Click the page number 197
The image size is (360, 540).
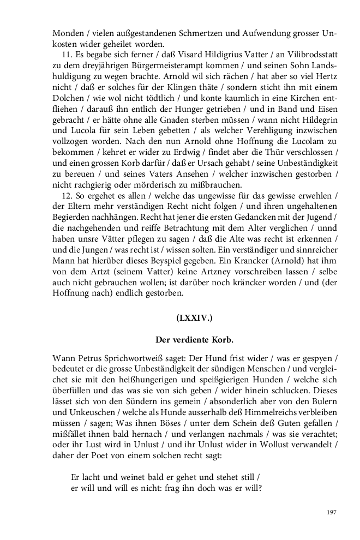331,512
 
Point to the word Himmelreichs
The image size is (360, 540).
268,415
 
